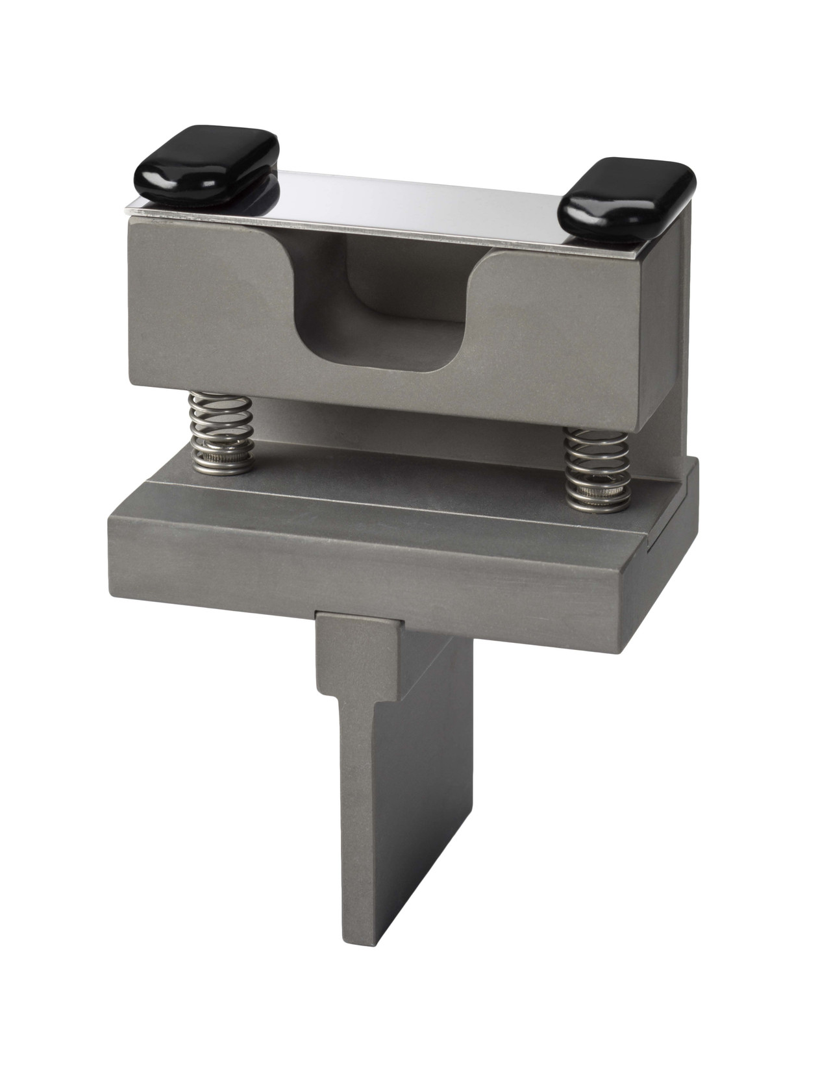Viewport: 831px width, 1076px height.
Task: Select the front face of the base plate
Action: (364, 565)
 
